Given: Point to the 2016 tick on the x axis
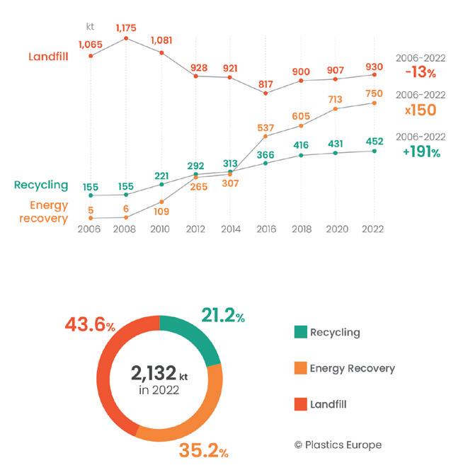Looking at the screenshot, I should click(x=265, y=230).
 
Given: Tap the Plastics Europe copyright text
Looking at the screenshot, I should click(x=338, y=445).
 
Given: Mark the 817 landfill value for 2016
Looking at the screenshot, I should click(x=265, y=81).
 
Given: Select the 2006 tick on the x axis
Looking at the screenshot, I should click(x=90, y=230).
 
